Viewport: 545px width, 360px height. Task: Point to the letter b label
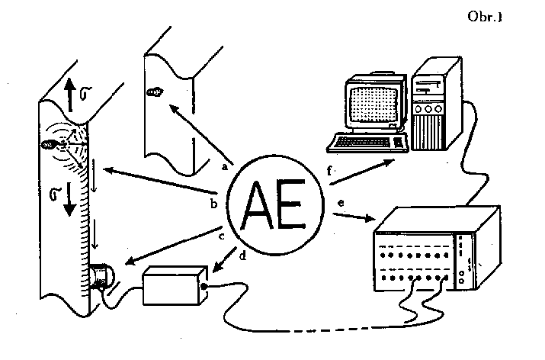point(213,204)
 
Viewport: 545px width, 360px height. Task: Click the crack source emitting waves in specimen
point(52,143)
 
